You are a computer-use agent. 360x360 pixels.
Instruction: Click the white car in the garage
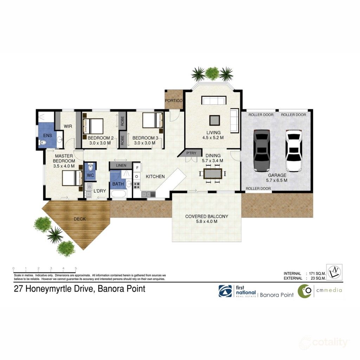point(294,150)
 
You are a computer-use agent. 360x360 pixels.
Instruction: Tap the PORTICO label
point(174,101)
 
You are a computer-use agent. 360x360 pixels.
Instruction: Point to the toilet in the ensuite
point(43,143)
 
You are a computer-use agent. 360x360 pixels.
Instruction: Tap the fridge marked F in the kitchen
point(137,167)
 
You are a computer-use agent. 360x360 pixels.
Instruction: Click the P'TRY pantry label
point(191,153)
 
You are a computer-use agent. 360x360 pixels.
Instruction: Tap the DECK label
point(79,219)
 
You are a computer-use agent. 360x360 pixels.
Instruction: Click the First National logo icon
point(225,291)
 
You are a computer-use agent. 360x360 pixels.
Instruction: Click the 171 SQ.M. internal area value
point(315,274)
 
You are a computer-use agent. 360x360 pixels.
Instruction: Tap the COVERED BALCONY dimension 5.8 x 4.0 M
point(206,222)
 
